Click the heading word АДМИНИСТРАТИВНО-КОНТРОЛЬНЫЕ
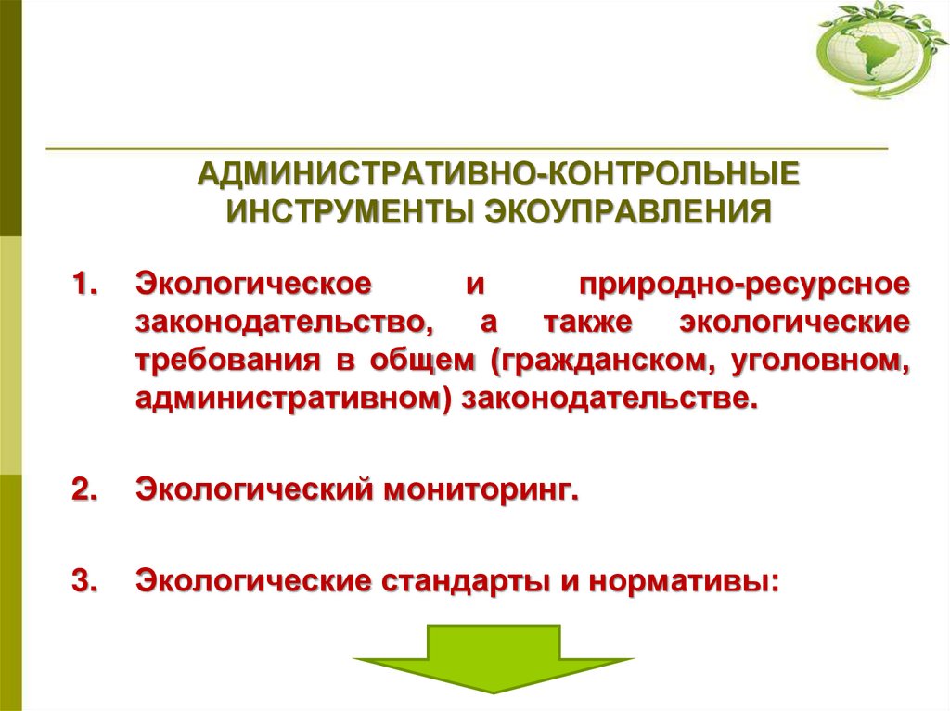(499, 173)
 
